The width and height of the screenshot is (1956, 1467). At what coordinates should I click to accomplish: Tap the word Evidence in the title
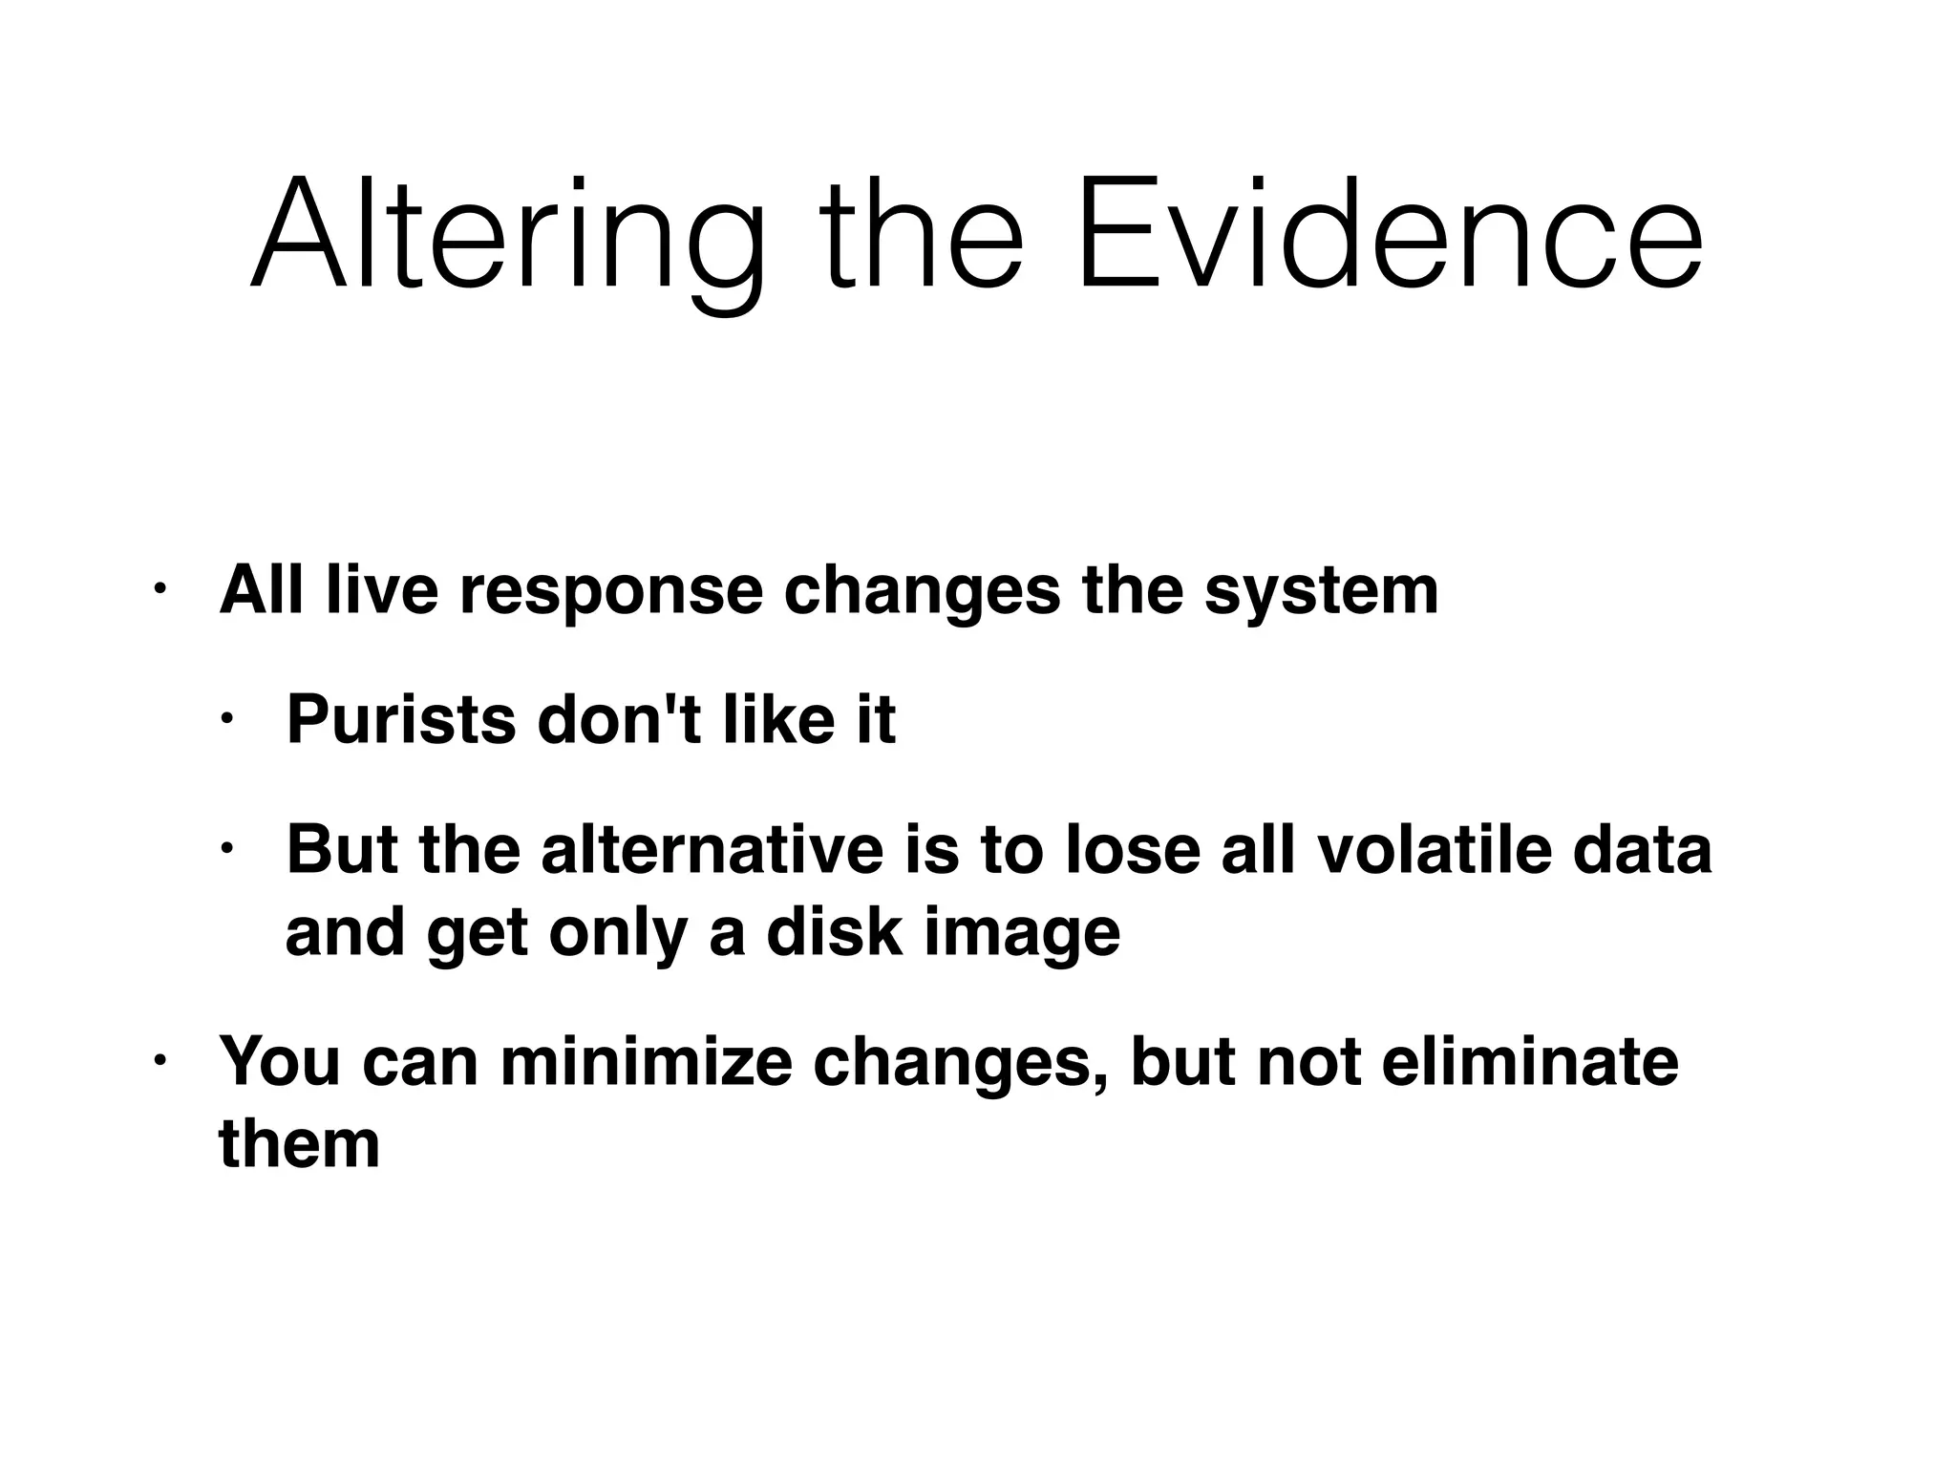(1390, 234)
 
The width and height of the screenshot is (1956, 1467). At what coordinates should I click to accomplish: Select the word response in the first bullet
(611, 591)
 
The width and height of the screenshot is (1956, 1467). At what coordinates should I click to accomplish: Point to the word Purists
(401, 720)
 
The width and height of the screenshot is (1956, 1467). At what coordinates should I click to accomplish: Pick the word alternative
(712, 849)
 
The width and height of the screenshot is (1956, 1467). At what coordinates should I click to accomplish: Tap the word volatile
(1434, 849)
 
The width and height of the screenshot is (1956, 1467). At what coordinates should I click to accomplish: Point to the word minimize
(646, 1061)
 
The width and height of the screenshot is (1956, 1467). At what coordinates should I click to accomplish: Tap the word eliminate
(1529, 1061)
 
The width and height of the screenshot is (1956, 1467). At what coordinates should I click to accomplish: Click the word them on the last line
(299, 1143)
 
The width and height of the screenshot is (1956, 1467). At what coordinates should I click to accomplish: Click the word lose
(1132, 849)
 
